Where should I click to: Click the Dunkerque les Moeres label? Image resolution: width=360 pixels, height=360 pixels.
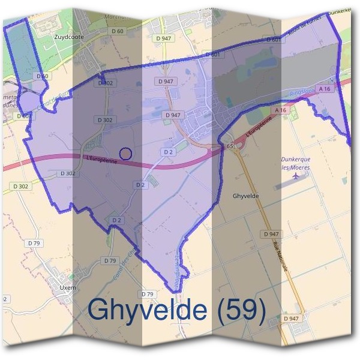[296, 164]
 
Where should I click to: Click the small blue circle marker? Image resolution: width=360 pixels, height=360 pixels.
[125, 154]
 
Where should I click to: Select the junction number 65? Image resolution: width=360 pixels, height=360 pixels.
[230, 146]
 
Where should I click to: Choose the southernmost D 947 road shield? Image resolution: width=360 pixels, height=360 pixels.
[292, 318]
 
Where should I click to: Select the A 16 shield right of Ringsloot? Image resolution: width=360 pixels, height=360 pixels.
[325, 89]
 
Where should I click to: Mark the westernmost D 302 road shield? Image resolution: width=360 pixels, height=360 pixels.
[19, 187]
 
